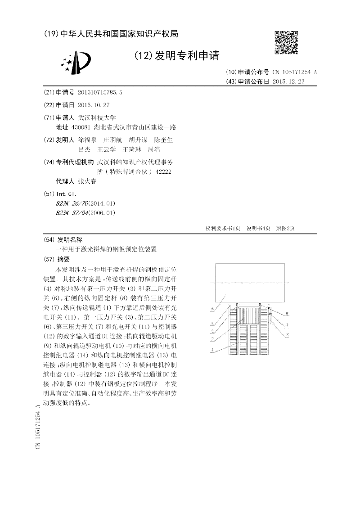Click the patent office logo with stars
(x=76, y=62)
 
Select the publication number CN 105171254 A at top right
(x=295, y=72)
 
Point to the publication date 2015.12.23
(x=288, y=81)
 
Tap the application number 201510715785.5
(x=100, y=92)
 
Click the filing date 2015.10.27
(x=93, y=105)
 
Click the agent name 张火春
(x=87, y=182)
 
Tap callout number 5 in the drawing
(x=212, y=309)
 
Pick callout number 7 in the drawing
(x=287, y=324)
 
